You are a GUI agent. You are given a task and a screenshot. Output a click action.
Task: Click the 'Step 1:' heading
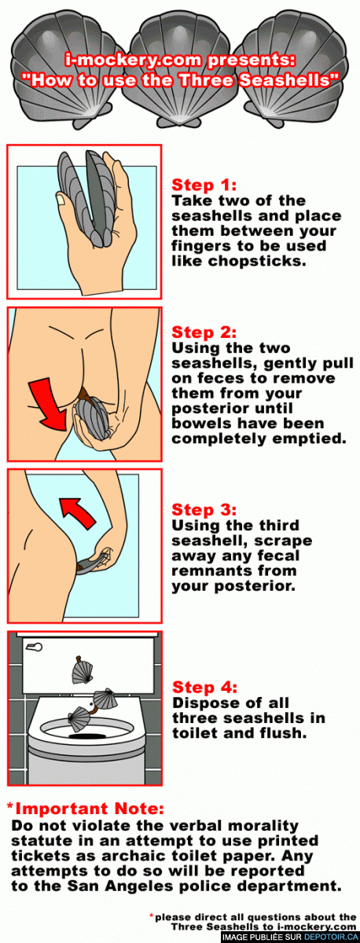204,185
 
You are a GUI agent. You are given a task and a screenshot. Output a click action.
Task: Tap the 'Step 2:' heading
204,332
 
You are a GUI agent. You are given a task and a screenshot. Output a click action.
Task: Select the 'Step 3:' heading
204,510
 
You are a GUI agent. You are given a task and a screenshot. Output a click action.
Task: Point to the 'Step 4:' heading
204,688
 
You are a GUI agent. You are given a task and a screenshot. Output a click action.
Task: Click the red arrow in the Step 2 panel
49,403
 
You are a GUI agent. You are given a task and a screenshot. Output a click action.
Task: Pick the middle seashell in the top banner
180,72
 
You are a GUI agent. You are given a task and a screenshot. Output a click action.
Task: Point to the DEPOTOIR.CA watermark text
331,937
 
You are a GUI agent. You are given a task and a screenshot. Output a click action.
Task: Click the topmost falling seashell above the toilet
82,670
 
